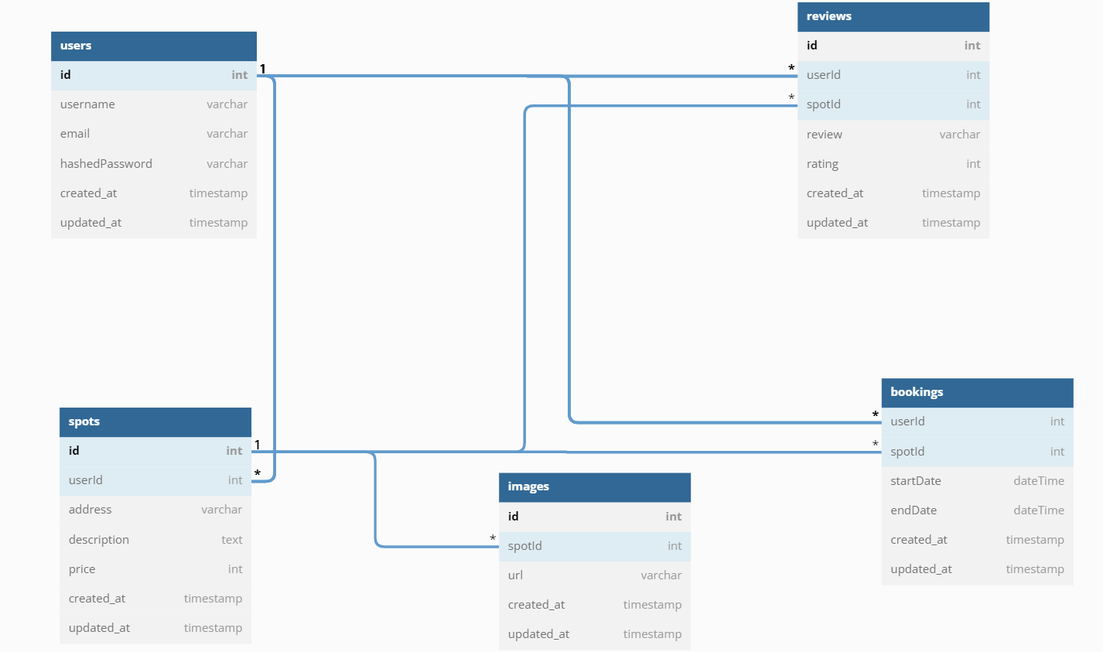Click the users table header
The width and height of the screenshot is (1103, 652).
76,46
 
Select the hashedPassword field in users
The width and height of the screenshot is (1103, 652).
106,164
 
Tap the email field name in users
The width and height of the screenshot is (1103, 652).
75,134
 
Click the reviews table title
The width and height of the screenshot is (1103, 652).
828,16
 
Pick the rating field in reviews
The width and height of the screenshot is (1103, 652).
822,164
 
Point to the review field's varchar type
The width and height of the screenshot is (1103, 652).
959,135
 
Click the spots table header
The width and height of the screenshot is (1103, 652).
84,422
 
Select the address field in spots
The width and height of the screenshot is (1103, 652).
90,510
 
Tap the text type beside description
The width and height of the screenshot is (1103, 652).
231,540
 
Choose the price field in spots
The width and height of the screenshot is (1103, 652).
82,569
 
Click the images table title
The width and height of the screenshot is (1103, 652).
528,486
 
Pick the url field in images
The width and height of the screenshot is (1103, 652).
515,575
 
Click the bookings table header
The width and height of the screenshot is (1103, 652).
917,392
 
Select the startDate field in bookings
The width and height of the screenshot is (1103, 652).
915,481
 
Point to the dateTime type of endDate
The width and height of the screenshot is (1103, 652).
1038,510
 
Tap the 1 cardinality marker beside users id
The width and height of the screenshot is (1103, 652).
263,69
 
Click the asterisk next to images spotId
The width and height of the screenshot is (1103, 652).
493,538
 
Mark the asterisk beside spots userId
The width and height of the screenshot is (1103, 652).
258,473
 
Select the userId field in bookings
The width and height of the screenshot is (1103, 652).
907,422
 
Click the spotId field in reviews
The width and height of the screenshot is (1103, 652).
823,104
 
